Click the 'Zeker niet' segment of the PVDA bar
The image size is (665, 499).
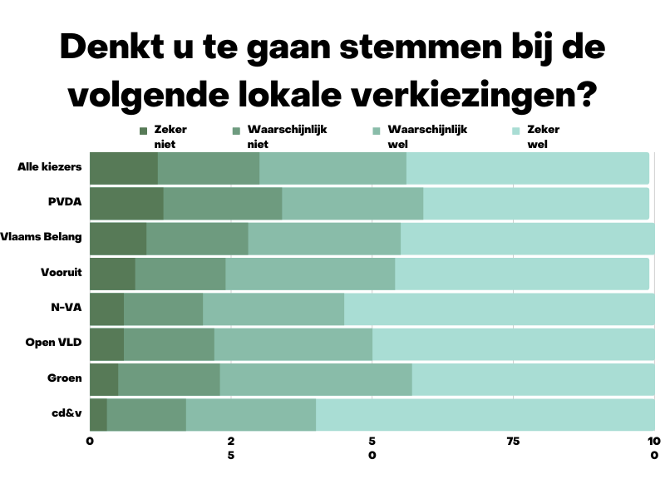[x=126, y=204]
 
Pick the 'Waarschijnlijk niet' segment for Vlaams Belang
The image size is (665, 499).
[x=197, y=239]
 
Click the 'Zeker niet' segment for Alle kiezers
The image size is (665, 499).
[x=123, y=169]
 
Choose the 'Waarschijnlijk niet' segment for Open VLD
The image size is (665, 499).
[x=169, y=344]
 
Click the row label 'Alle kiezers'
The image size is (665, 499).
[x=49, y=167]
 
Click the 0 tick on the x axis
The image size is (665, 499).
[x=90, y=441]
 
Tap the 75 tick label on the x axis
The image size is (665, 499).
[x=513, y=441]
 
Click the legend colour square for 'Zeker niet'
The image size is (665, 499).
[x=144, y=131]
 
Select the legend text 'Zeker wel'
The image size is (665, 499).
[x=544, y=136]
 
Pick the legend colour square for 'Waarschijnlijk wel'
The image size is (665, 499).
[x=377, y=131]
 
